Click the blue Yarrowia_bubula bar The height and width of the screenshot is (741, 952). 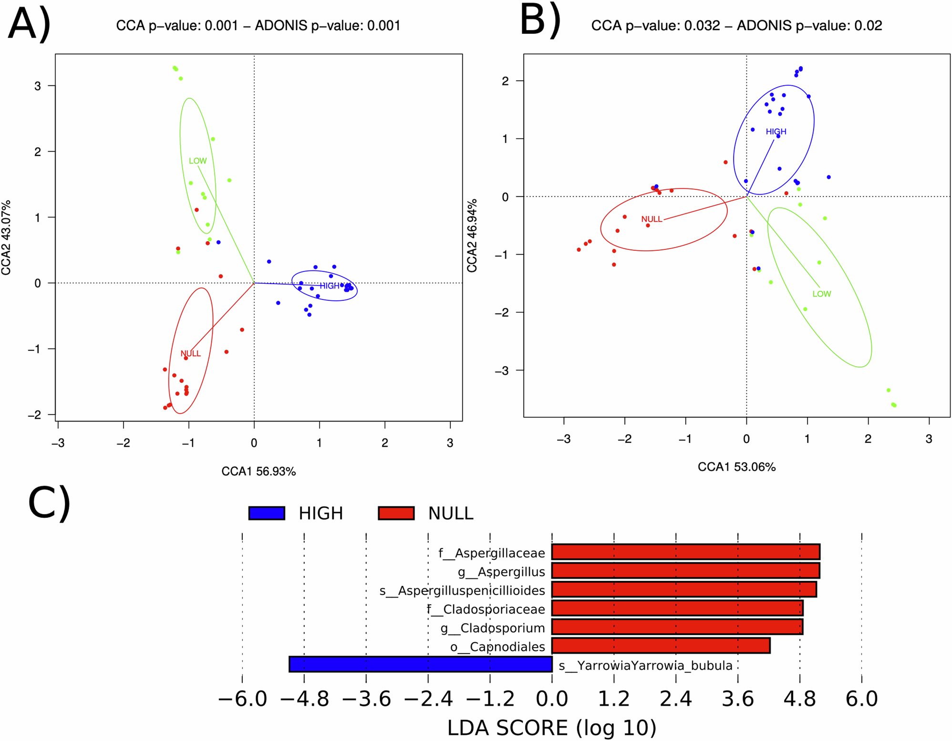coord(420,664)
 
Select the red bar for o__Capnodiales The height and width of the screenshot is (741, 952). coord(661,646)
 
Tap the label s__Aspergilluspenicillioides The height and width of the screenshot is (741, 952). coord(462,591)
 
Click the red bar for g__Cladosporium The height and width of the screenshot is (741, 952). coord(677,627)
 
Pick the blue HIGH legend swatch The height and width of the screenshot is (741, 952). coord(267,513)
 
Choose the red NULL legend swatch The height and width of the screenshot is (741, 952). coord(396,513)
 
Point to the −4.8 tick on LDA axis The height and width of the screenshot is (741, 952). coord(305,700)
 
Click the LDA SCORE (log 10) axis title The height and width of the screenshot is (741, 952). coord(551,728)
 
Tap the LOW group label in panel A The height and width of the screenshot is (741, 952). coord(197,161)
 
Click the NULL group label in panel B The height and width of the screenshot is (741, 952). coord(651,219)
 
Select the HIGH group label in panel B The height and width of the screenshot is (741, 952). coord(776,132)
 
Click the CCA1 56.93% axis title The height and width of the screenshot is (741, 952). coord(259,472)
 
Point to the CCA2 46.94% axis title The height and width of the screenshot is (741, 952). coord(472,237)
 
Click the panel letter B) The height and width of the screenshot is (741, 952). coord(540,21)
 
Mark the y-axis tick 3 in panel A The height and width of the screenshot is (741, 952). coord(38,86)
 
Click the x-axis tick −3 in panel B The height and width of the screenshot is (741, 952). coord(563,439)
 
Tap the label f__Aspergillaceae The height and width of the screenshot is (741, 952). coord(491,553)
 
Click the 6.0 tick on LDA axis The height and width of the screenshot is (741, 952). coord(861,700)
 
